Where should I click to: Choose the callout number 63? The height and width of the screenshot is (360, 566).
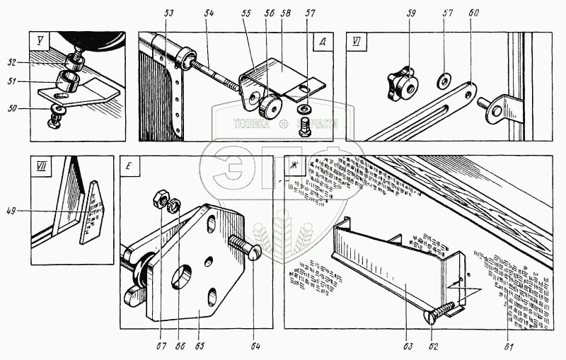(407, 346)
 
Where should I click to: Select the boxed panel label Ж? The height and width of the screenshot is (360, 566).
(291, 166)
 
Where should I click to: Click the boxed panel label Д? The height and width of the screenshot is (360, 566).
(322, 40)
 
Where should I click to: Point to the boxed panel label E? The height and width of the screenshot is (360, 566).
(130, 167)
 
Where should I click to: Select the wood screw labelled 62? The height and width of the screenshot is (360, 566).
(440, 311)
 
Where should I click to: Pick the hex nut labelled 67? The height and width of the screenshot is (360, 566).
(160, 200)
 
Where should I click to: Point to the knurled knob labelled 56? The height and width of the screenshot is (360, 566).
(270, 108)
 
